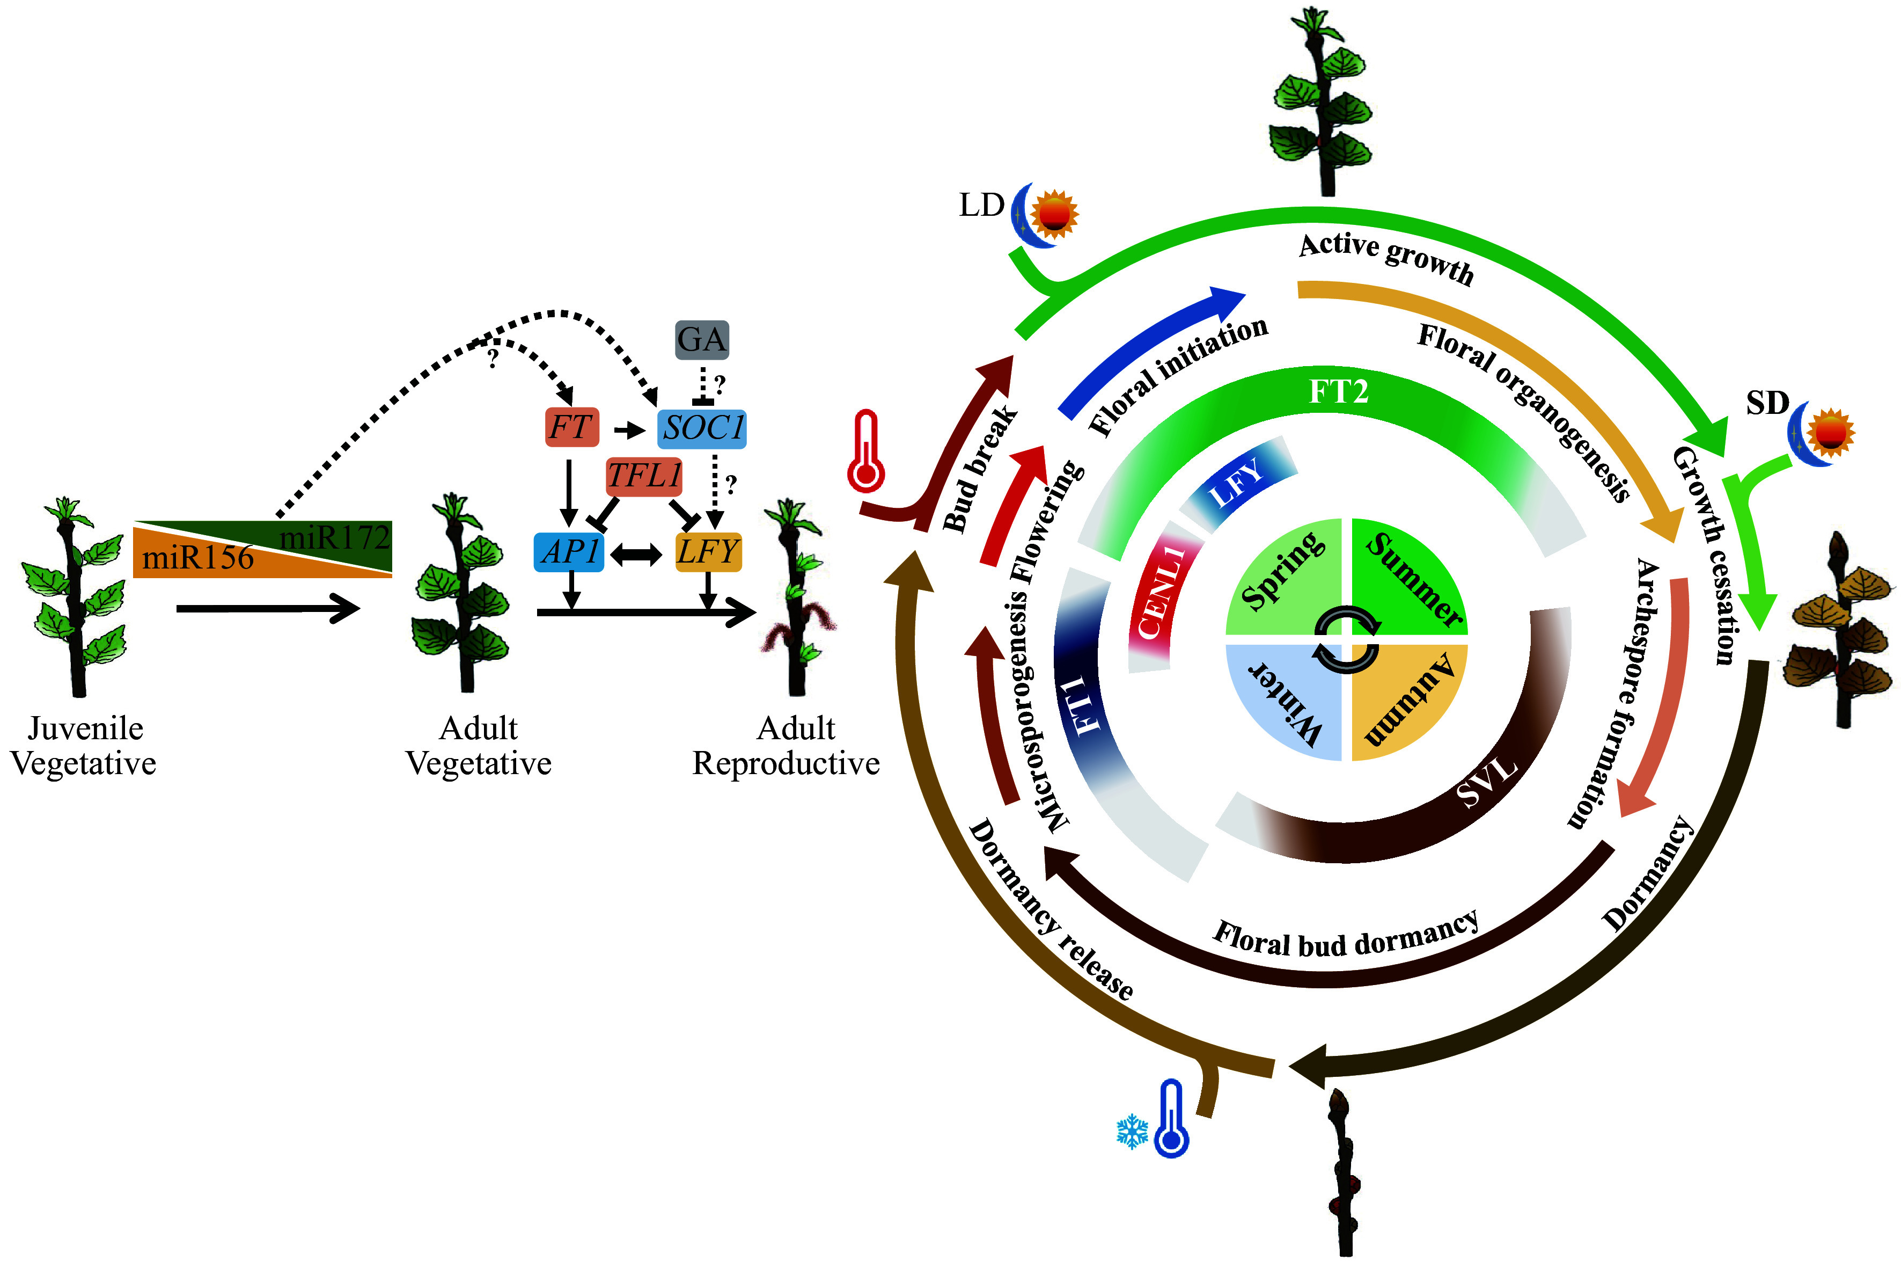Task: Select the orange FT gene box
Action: pos(571,427)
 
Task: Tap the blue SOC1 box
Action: pos(702,427)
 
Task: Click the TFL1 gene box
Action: pos(644,475)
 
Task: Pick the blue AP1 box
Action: pos(569,552)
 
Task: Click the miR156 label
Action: pos(198,557)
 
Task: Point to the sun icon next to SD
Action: pos(1830,433)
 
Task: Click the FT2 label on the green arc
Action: pos(1338,392)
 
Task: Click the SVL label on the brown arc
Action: pos(1487,780)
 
